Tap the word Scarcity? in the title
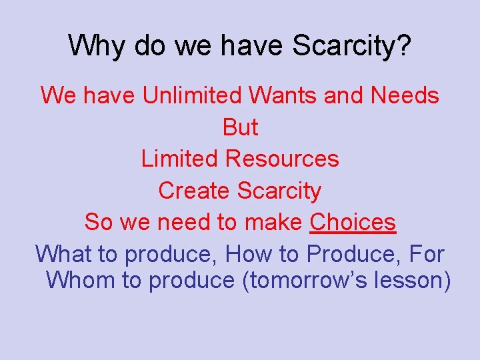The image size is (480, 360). [355, 46]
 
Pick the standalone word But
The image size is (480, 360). [240, 127]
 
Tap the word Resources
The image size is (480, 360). [282, 159]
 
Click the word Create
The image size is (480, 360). [195, 191]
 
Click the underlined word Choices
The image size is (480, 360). [353, 222]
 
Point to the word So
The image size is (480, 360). [99, 222]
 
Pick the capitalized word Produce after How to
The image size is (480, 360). [349, 254]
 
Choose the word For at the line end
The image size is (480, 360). [427, 254]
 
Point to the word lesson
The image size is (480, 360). [413, 280]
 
